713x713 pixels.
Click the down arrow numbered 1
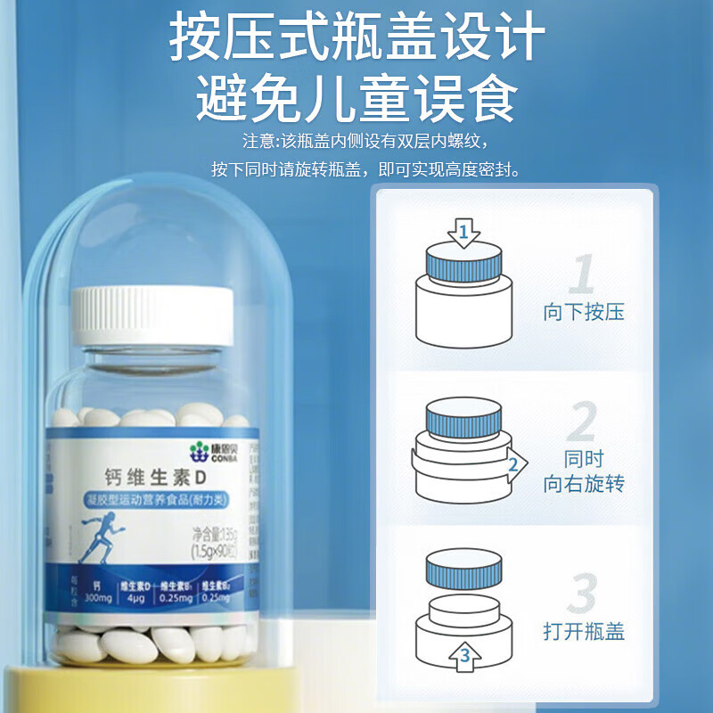463,234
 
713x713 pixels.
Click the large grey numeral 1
583,275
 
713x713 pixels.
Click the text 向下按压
584,313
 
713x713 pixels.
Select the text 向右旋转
584,484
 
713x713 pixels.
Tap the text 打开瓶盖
584,632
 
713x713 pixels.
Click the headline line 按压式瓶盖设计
356,39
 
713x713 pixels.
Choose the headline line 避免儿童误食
356,98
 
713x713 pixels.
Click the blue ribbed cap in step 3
463,570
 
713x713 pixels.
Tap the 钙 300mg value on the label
97,595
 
